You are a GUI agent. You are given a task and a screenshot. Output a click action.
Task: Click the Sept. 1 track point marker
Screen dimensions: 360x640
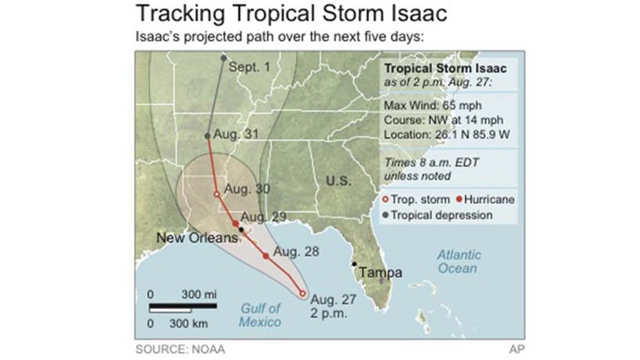[x=223, y=58]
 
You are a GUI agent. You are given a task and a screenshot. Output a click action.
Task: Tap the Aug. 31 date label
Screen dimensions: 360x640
[x=236, y=134]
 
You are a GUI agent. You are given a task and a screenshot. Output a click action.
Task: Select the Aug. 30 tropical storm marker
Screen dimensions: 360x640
[x=217, y=194]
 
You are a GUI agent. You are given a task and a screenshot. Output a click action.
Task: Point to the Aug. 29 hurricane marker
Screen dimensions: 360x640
[x=236, y=223]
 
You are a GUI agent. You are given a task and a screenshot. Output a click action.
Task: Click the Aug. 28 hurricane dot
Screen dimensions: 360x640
[x=266, y=256]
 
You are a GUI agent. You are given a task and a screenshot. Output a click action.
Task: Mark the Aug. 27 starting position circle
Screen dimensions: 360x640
[x=302, y=293]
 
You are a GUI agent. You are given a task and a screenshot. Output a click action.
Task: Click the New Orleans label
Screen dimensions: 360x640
[x=196, y=238]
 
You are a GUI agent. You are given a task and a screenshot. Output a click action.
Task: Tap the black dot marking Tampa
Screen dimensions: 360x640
[x=354, y=264]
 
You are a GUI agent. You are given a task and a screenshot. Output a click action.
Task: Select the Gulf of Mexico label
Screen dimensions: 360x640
[x=260, y=315]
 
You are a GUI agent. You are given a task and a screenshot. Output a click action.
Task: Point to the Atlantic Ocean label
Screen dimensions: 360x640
[x=459, y=261]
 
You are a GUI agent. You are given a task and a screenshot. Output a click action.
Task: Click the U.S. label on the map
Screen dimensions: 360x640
[x=339, y=180]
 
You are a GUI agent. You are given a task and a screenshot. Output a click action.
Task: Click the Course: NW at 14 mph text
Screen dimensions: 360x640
[x=444, y=119]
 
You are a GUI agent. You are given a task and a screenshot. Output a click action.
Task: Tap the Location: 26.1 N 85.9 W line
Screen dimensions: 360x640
[x=446, y=134]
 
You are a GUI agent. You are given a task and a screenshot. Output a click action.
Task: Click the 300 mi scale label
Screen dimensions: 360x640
[x=199, y=294]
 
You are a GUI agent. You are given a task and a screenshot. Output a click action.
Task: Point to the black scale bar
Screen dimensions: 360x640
[x=183, y=306]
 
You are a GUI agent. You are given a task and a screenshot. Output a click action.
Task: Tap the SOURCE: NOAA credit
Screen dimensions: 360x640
[x=180, y=349]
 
